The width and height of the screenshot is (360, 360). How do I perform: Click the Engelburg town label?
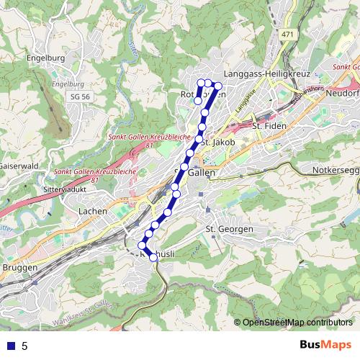pos(45,58)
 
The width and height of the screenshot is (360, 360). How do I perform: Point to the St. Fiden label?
pos(269,126)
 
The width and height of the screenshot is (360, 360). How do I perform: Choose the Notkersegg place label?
pos(336,170)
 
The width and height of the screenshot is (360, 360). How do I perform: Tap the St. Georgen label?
pos(230,229)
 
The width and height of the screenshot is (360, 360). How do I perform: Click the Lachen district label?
pos(94,211)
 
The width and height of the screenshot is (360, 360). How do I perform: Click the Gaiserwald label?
pos(17,165)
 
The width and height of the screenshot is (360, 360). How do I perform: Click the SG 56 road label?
pos(81,96)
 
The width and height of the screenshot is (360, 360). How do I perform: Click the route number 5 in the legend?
pos(24,346)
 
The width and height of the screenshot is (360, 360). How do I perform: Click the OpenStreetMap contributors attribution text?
pos(293,322)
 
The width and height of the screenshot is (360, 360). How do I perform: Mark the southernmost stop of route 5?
pos(153,257)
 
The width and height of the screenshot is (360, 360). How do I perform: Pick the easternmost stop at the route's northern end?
pos(218,87)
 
